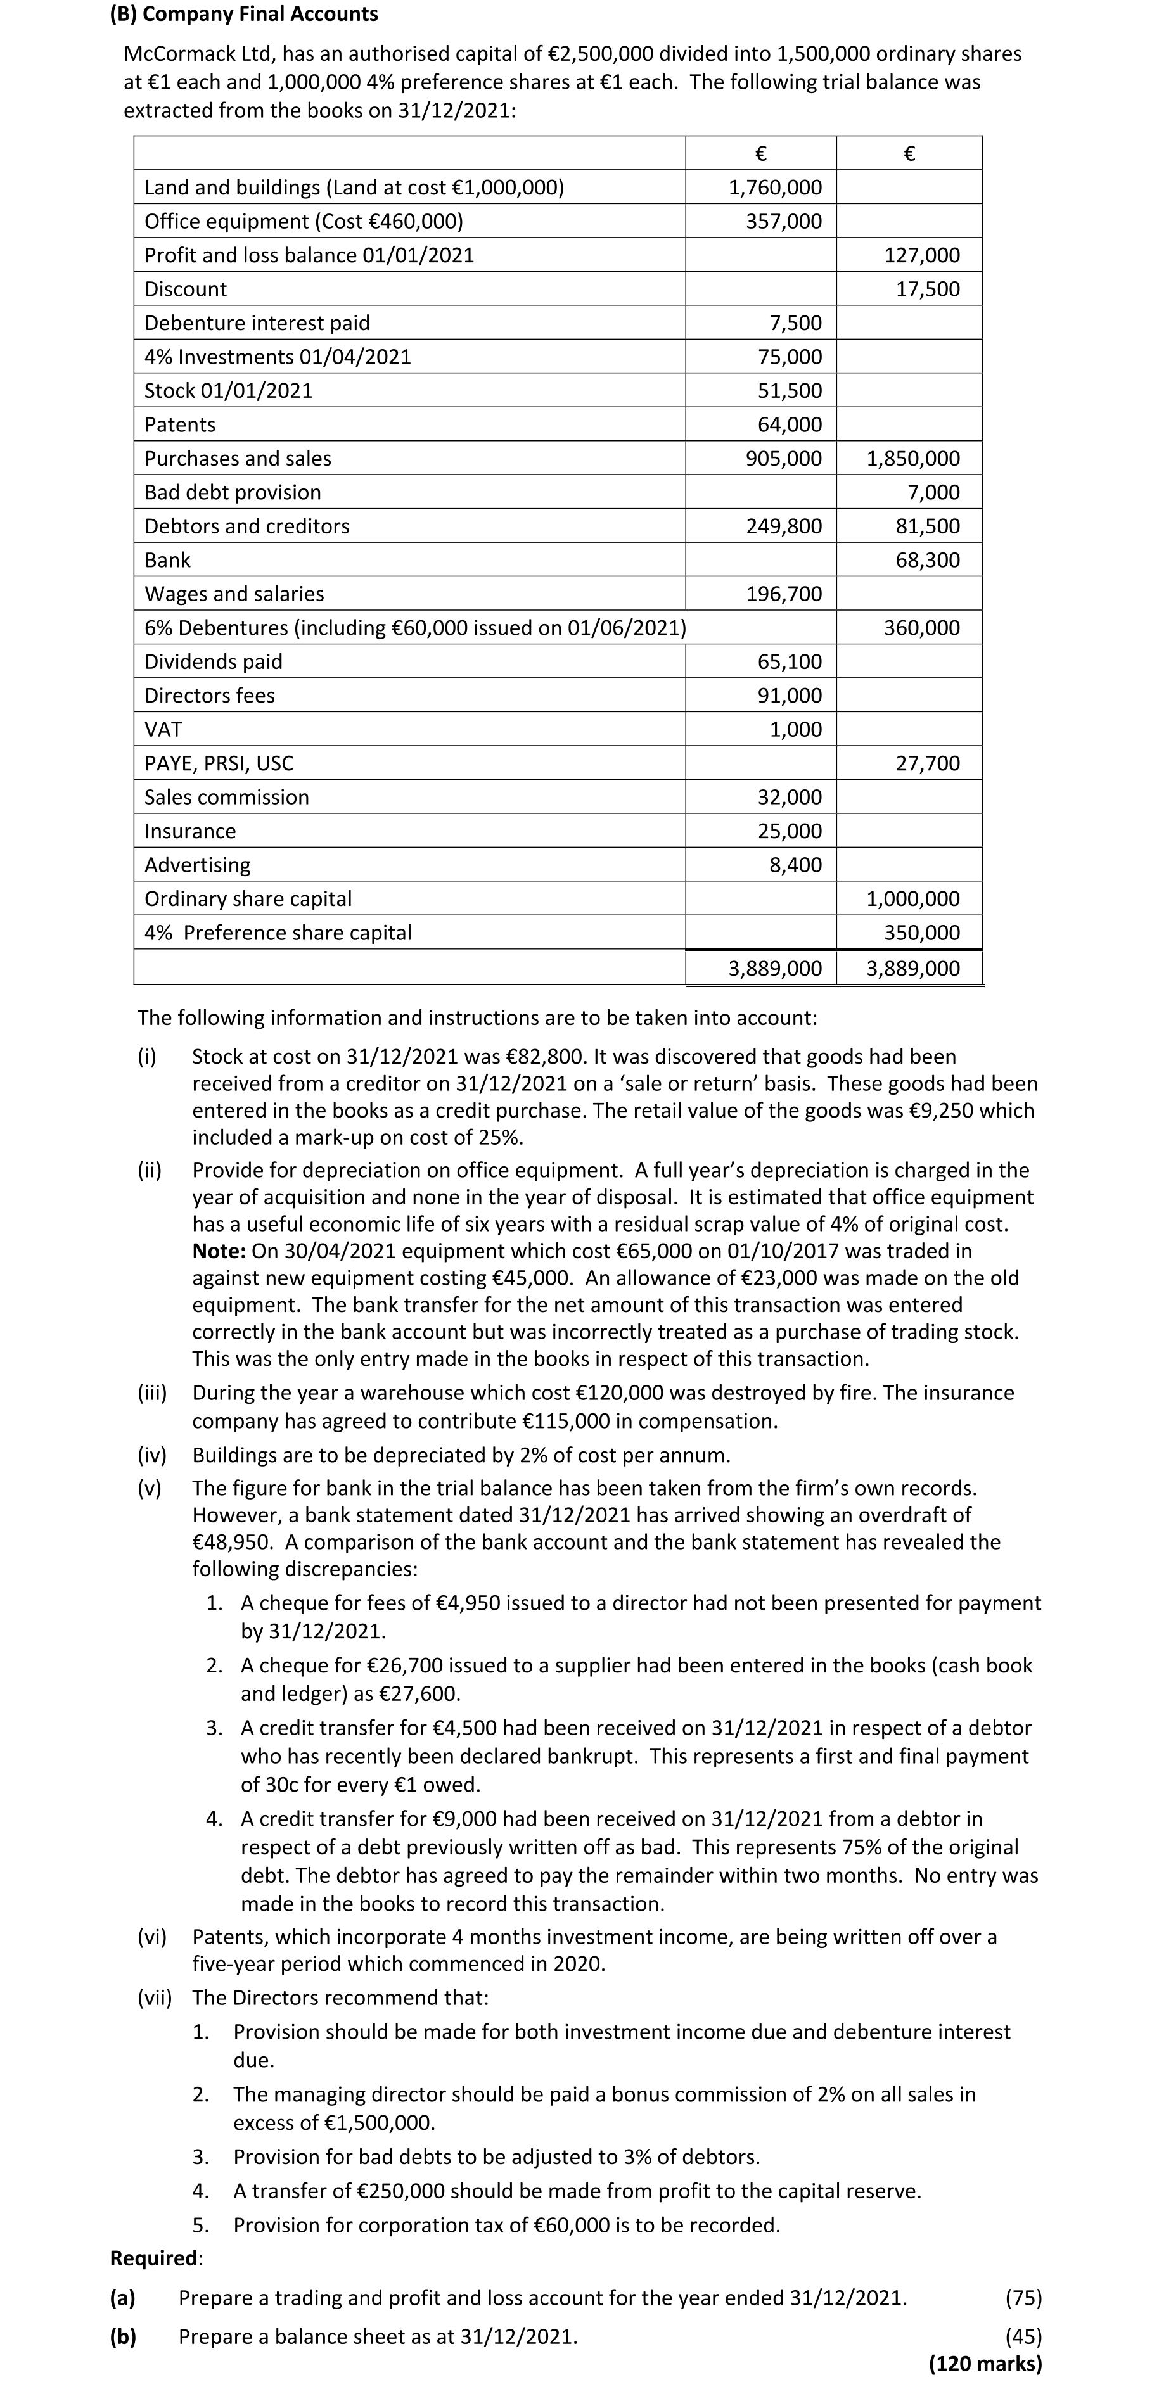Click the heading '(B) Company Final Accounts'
243,14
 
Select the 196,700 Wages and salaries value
783,594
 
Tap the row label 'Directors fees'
209,696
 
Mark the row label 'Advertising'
197,865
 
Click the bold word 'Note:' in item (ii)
218,1251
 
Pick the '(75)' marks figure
1023,2298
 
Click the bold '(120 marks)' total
985,2364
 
